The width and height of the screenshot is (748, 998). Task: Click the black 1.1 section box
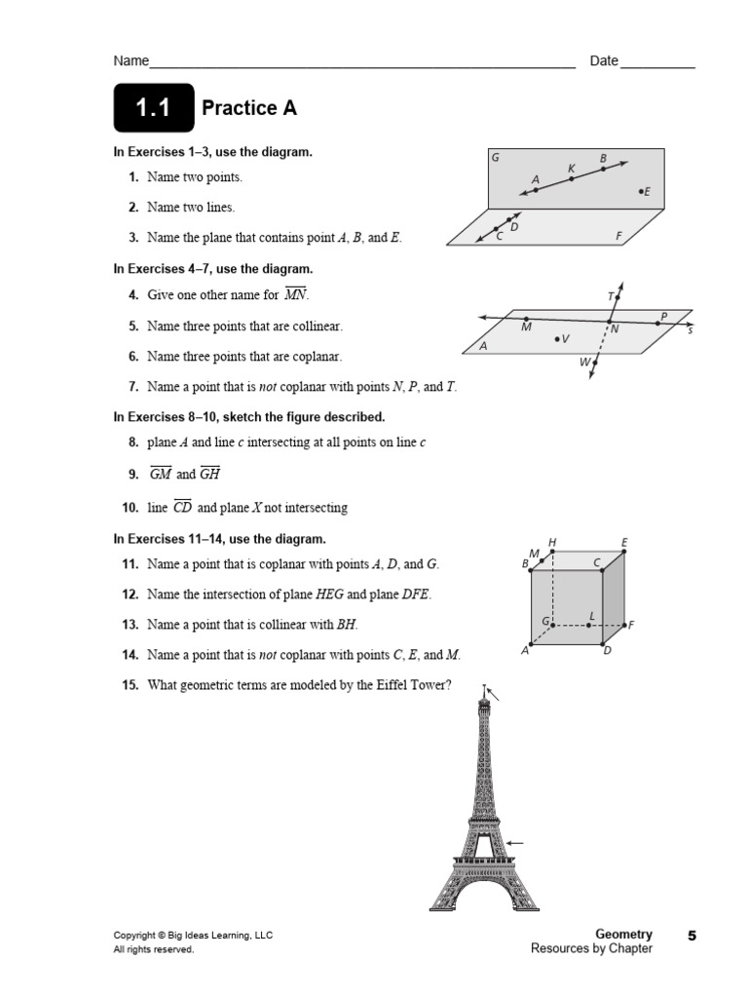coord(152,108)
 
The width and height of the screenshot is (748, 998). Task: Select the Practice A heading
coord(248,108)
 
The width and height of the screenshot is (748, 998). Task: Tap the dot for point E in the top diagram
coord(641,192)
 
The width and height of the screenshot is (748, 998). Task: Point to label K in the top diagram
coord(572,169)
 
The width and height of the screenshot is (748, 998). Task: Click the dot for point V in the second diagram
coord(557,338)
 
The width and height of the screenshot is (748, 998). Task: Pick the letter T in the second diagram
coord(611,295)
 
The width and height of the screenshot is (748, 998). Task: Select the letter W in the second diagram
coord(584,362)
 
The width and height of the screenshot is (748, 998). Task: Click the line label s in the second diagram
coord(690,330)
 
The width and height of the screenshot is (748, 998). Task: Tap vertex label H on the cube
coord(552,542)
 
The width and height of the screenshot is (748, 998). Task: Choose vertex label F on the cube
coord(631,625)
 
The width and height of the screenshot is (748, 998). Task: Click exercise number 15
coord(130,685)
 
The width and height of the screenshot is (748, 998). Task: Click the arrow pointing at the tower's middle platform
coord(516,843)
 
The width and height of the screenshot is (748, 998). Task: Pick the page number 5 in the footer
coord(692,936)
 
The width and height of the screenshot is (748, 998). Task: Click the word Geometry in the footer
coord(623,934)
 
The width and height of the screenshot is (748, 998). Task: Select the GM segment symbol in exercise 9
coord(160,474)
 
